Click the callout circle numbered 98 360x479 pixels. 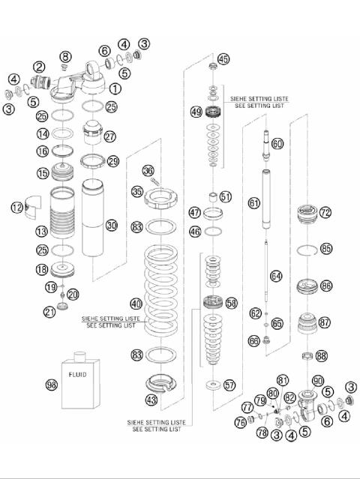[52, 384]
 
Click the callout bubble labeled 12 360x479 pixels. [16, 207]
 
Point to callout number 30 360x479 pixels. [112, 224]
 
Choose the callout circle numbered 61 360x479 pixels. [254, 203]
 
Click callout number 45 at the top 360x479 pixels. [223, 59]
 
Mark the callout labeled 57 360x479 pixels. [229, 385]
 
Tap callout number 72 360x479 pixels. [325, 213]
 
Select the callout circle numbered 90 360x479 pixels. [318, 381]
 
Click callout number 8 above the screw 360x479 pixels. [66, 57]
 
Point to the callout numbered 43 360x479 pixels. [151, 401]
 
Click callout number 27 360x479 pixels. [110, 136]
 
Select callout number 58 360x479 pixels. [231, 303]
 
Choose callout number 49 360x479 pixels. [196, 112]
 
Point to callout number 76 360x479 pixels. [240, 424]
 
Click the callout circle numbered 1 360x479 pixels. [115, 88]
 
